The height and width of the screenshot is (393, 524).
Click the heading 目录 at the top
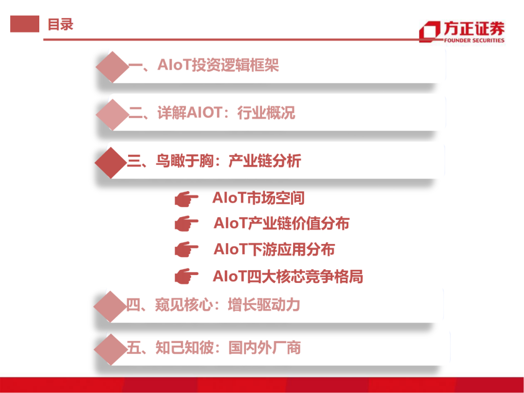click(x=60, y=24)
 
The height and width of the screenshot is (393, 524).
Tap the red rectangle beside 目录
click(x=24, y=24)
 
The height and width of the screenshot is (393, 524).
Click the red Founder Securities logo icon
click(x=429, y=32)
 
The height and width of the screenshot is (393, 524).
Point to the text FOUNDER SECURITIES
click(x=474, y=41)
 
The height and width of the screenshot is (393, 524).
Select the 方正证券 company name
click(x=474, y=28)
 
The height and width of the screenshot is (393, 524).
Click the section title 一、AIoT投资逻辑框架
click(x=204, y=65)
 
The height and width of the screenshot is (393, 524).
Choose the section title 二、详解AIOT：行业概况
click(x=212, y=114)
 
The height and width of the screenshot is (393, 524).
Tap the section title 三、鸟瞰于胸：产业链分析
click(x=214, y=161)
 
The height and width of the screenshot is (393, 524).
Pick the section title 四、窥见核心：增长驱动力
click(x=213, y=305)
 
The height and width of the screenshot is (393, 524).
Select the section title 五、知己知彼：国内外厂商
click(x=213, y=348)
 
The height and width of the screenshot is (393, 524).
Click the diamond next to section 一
click(x=112, y=66)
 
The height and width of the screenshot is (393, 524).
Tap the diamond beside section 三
click(x=111, y=162)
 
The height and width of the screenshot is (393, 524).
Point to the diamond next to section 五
click(x=110, y=349)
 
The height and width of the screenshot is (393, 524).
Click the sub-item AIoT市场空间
click(x=258, y=198)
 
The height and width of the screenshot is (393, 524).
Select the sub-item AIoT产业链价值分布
click(x=281, y=224)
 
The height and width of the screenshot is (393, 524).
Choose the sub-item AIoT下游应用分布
click(x=274, y=249)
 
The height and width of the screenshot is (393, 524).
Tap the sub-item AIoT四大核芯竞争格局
click(x=288, y=277)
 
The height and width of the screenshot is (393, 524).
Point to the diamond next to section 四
click(x=110, y=306)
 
